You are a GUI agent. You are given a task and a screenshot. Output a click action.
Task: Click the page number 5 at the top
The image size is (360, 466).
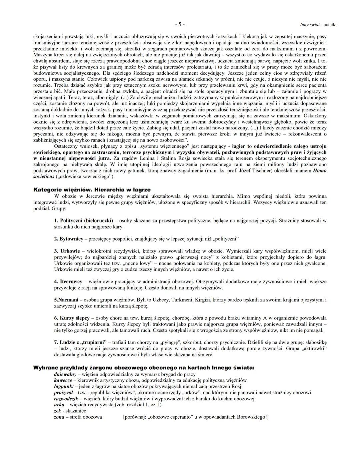[x=180, y=24]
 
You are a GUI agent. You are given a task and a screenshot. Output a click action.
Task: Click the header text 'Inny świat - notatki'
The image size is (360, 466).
[x=318, y=25]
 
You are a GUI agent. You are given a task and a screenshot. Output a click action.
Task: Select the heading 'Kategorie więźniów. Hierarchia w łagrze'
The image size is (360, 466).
[x=92, y=189]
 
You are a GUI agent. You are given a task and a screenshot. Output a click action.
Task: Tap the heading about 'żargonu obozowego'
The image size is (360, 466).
[x=143, y=368]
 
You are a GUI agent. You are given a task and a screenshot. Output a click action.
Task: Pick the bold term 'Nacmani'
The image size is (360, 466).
[x=66, y=300]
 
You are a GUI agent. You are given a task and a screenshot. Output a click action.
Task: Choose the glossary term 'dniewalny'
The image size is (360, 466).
[x=65, y=374]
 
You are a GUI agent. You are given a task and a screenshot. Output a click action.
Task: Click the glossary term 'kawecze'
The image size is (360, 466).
[x=63, y=380]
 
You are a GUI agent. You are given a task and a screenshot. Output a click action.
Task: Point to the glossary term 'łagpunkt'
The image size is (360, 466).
[x=64, y=386]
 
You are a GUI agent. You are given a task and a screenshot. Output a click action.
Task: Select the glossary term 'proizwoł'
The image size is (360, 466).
[x=63, y=392]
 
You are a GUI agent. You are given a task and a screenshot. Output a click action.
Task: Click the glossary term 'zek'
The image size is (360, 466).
[x=57, y=411]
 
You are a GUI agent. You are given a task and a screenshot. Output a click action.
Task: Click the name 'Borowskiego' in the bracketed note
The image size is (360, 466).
[x=252, y=417]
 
